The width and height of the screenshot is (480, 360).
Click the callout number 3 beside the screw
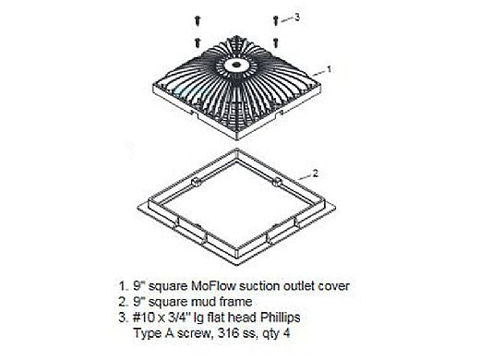[296, 18]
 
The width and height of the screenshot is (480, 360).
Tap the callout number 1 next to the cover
[329, 69]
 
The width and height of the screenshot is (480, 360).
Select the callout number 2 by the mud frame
[315, 174]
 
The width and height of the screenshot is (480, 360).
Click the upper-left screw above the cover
[198, 20]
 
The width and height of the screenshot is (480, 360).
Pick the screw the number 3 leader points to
[276, 20]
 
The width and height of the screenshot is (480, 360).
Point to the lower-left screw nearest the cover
[198, 42]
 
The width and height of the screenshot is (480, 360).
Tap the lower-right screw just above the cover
[276, 42]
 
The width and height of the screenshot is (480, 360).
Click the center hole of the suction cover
[236, 65]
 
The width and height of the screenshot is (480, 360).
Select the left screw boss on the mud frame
[196, 182]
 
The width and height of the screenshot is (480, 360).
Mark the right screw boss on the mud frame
[277, 182]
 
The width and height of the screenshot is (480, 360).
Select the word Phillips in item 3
[281, 318]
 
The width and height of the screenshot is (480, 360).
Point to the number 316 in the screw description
[227, 332]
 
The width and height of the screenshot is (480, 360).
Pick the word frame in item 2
[235, 302]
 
